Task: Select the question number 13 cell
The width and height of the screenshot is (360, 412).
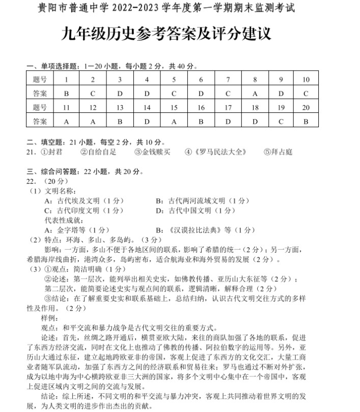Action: tap(120, 108)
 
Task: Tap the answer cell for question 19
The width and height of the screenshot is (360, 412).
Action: tap(281, 122)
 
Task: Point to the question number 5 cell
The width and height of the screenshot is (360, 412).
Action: tap(174, 80)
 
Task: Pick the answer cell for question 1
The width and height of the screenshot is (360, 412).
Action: tap(66, 94)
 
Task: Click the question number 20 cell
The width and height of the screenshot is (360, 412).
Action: tap(306, 108)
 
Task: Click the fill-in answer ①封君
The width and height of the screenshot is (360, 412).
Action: tap(51, 152)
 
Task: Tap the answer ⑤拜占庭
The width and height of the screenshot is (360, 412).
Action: tap(279, 152)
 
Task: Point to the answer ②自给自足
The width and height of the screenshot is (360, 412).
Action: tap(99, 152)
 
